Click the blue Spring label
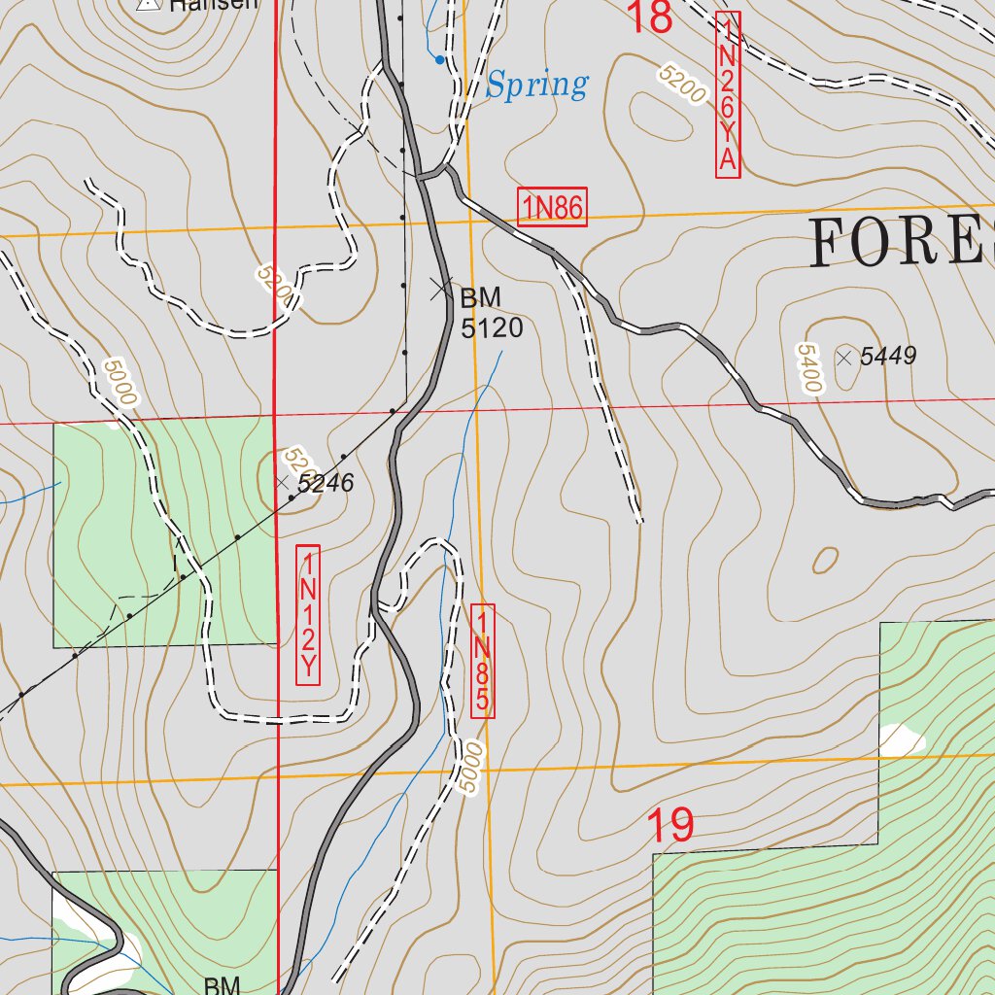pyautogui.click(x=536, y=86)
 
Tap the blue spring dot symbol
pyautogui.click(x=439, y=60)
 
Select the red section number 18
pyautogui.click(x=649, y=17)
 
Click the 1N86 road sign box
pyautogui.click(x=552, y=207)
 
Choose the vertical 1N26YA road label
pyautogui.click(x=728, y=94)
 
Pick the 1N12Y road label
pyautogui.click(x=308, y=614)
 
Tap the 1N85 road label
pyautogui.click(x=483, y=661)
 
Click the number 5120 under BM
pyautogui.click(x=492, y=329)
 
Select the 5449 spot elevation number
pyautogui.click(x=888, y=357)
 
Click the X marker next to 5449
pyautogui.click(x=844, y=357)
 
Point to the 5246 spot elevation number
pyautogui.click(x=325, y=483)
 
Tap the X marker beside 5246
pyautogui.click(x=282, y=482)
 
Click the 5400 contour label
pyautogui.click(x=806, y=368)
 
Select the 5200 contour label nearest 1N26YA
pyautogui.click(x=680, y=86)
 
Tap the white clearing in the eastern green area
pyautogui.click(x=901, y=740)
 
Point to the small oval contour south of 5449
pyautogui.click(x=825, y=561)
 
